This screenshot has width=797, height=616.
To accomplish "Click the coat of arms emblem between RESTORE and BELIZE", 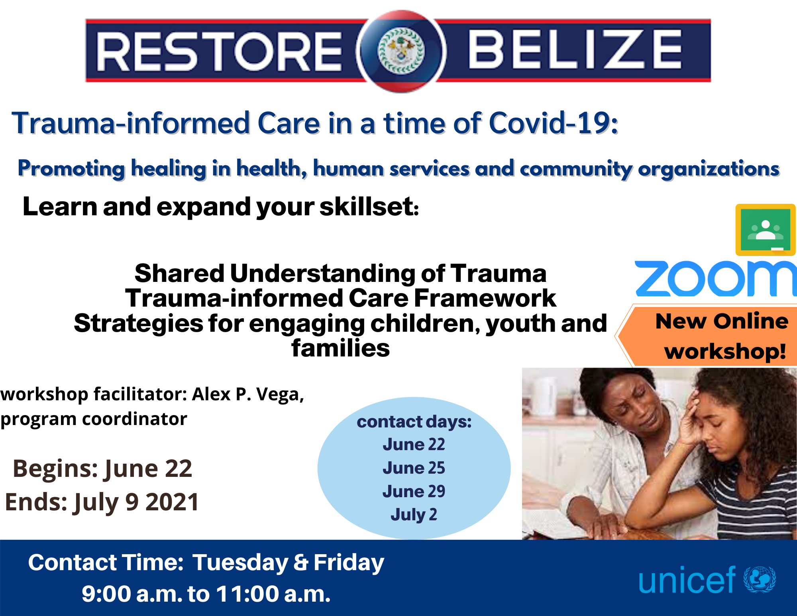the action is tap(401, 51).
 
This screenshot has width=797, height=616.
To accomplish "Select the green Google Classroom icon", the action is tap(765, 230).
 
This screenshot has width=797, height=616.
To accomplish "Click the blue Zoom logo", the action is tap(716, 279).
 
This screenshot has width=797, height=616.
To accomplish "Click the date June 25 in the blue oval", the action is tap(414, 468).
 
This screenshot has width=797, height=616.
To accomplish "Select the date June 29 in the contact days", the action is tap(414, 491).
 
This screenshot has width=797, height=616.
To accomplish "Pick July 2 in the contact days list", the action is tap(414, 514).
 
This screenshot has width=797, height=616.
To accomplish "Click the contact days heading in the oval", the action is tap(414, 422).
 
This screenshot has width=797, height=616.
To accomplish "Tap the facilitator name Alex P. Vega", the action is tap(248, 394).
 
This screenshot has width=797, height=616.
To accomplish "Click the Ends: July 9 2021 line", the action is tap(102, 502).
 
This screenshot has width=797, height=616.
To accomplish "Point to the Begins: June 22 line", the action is tap(102, 468).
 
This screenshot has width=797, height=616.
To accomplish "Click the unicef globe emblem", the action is tap(760, 579).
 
